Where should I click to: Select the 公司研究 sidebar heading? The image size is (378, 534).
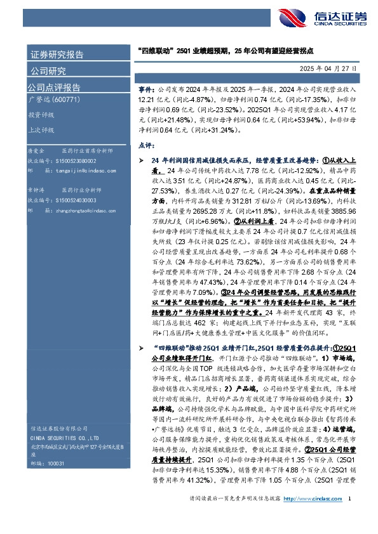click(48, 70)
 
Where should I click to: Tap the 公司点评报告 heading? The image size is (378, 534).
click(53, 88)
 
